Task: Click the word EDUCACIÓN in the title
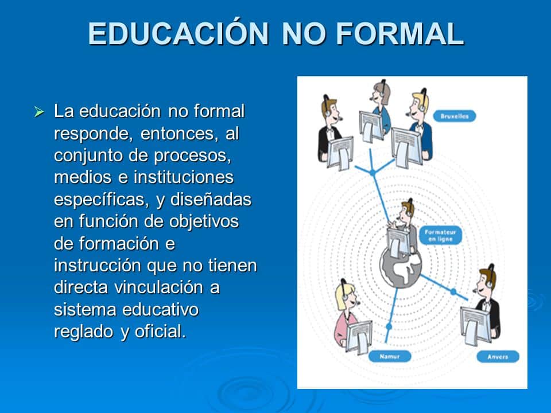click(179, 34)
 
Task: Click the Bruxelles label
click(455, 116)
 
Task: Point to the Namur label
click(389, 356)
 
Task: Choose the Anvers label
click(497, 356)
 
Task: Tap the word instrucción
click(98, 266)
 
